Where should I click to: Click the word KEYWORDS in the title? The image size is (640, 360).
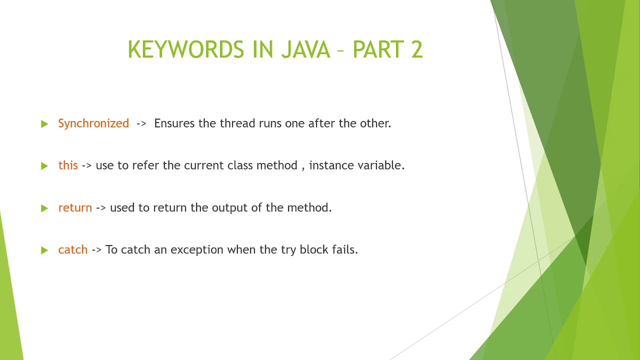pos(185,49)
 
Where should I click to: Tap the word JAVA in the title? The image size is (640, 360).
pos(305,49)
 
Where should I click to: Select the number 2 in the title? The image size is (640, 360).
pos(416,49)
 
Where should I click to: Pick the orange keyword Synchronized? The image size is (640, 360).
pos(93,123)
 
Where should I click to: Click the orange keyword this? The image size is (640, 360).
pos(68,165)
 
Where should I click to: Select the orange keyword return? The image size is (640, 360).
pos(75,207)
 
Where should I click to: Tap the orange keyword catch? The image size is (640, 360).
pos(72,249)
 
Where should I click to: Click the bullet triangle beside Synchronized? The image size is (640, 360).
pos(44,123)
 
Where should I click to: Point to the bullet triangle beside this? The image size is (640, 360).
pos(44,165)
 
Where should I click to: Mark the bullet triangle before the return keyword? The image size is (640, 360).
pos(44,208)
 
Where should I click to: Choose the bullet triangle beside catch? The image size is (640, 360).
pos(44,250)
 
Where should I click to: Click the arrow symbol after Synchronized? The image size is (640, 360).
pos(141,123)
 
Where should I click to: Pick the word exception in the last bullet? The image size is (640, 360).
pos(196,250)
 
